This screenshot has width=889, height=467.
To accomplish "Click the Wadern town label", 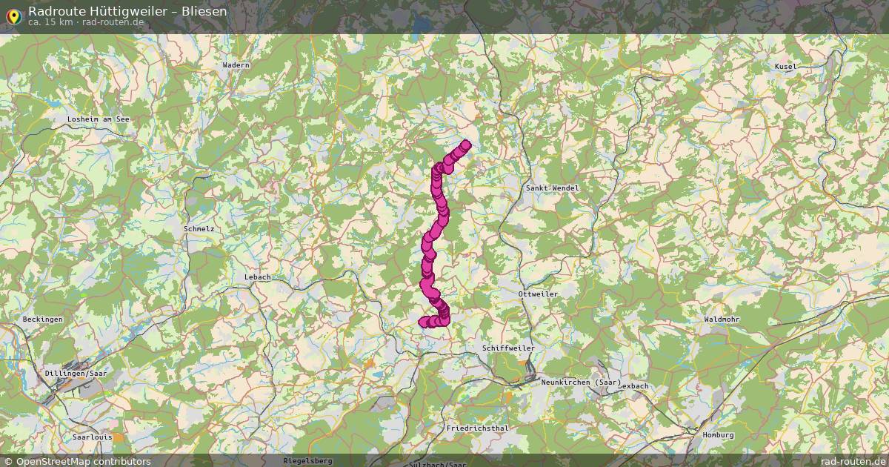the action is tap(236, 65).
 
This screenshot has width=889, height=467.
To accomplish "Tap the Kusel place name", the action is tap(785, 67).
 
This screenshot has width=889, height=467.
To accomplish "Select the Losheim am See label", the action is tap(98, 119).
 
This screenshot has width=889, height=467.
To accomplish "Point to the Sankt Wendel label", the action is tap(552, 188).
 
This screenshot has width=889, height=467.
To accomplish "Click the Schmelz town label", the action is tap(199, 229).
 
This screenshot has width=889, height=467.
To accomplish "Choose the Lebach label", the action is tap(257, 277).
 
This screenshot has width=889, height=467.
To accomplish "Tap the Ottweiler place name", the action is tap(539, 294).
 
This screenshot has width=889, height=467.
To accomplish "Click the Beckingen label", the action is tap(43, 319).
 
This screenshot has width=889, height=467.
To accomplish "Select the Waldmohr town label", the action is tap(722, 319).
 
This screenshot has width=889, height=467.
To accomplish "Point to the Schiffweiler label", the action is tap(507, 348).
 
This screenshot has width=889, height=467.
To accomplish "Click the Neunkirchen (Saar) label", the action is tap(581, 382).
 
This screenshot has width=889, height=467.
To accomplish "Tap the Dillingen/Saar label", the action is tap(76, 374).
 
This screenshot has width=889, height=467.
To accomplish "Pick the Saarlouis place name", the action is tap(93, 437).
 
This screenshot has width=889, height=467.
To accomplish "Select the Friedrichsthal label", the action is tap(477, 428).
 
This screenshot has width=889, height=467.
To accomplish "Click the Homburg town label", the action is tap(717, 435).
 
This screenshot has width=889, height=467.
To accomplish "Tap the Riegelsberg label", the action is tap(307, 460).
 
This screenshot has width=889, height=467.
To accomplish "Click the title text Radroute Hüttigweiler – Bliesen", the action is tap(127, 11).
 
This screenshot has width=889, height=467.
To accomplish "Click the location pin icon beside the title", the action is tap(13, 16).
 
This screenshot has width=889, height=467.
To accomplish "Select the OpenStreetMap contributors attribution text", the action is tap(83, 461).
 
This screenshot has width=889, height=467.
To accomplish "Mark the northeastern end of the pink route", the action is tap(466, 145).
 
